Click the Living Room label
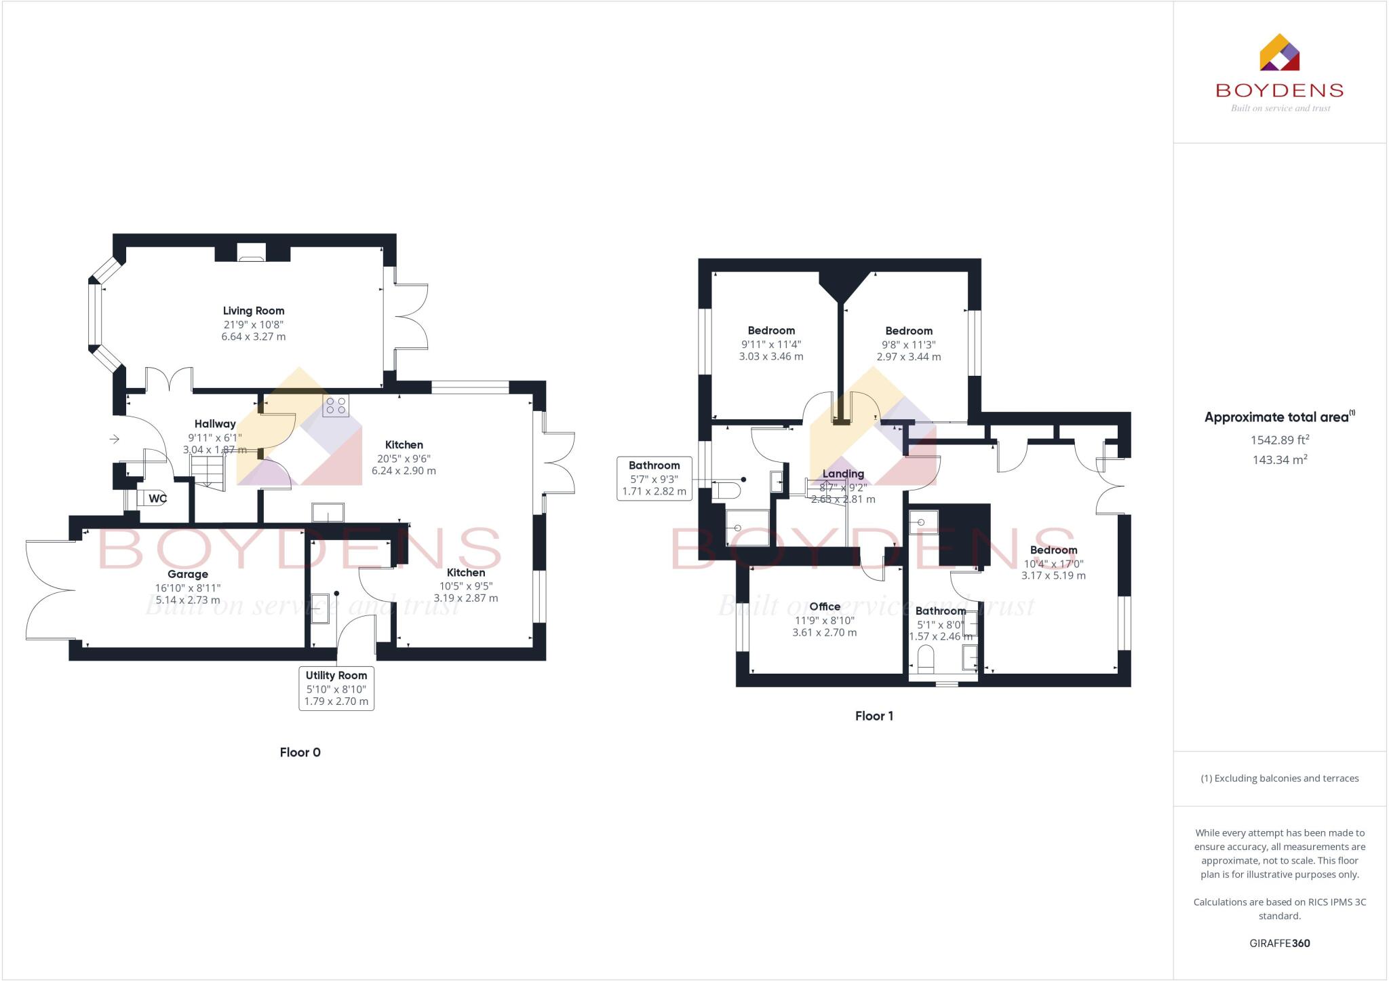click(254, 311)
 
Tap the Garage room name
click(188, 574)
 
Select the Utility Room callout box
click(336, 689)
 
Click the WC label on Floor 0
click(157, 499)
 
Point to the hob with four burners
click(336, 406)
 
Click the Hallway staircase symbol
click(208, 472)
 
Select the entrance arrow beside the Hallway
click(114, 440)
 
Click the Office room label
click(825, 607)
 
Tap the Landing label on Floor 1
click(843, 474)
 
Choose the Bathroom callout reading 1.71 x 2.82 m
click(654, 478)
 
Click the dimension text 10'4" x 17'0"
click(1053, 563)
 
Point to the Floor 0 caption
click(300, 752)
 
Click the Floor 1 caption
click(874, 716)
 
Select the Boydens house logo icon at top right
click(1279, 53)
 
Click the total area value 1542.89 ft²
click(1279, 440)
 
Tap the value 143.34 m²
click(1279, 460)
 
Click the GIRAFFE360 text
click(1279, 943)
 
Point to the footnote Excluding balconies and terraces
click(1279, 778)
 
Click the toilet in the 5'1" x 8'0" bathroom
click(925, 657)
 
